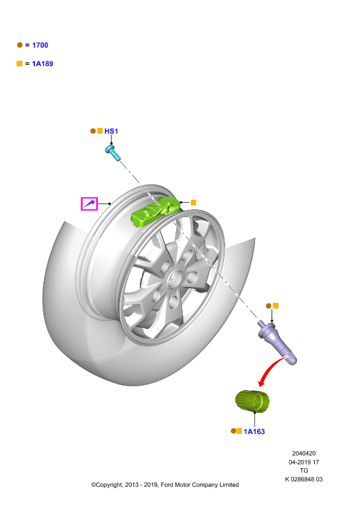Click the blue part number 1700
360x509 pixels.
click(x=40, y=45)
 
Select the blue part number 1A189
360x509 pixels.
click(x=43, y=64)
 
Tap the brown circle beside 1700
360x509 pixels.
click(x=20, y=45)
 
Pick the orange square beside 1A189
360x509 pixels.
click(x=20, y=64)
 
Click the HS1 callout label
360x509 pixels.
click(x=111, y=131)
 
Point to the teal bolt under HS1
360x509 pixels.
click(x=113, y=153)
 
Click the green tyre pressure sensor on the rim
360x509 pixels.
click(x=155, y=211)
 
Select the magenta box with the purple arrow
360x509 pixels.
click(x=89, y=204)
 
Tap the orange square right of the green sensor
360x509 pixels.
click(x=193, y=202)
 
